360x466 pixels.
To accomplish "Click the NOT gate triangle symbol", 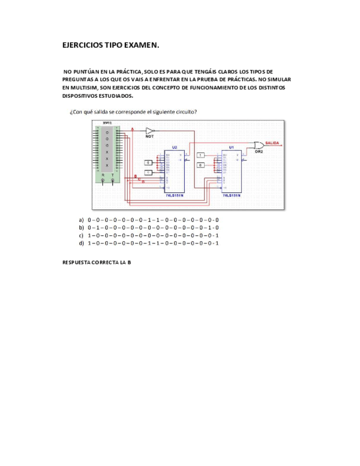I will coord(149,131).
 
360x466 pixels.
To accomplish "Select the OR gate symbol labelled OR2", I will coord(257,145).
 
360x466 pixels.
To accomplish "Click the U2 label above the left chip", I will coord(174,147).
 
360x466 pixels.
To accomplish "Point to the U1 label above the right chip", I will coord(231,147).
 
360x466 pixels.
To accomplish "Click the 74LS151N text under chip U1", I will coord(231,195).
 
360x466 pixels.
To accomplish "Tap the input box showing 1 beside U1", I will coord(201,156).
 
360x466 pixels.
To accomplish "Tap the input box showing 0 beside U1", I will coord(201,165).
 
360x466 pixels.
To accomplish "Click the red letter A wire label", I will coord(132,129).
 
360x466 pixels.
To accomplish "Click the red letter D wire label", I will coord(144,181).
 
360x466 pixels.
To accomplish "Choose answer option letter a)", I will coord(81,219).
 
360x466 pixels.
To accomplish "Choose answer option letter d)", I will coord(81,242).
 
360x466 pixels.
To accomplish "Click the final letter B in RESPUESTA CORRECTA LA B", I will coord(129,263).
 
